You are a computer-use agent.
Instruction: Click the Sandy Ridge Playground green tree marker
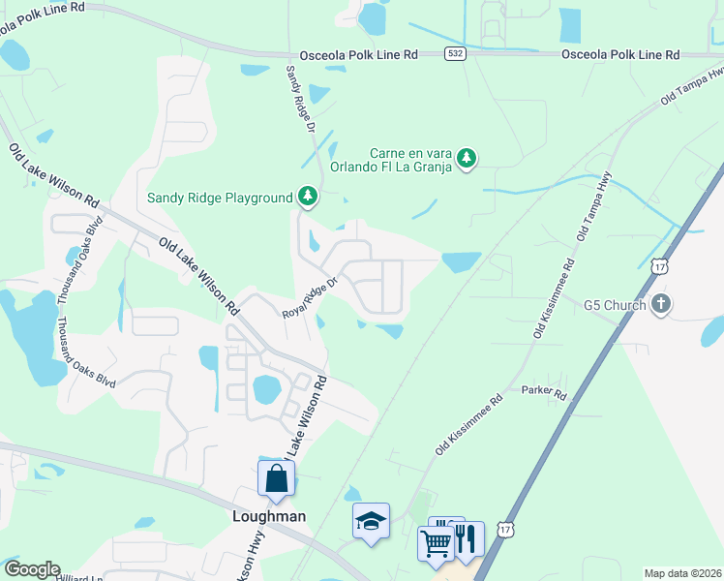coord(308,198)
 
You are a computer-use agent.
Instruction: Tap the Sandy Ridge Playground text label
coord(220,199)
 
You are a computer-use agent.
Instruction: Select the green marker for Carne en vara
coord(467,157)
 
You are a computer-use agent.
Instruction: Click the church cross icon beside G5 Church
coord(661,304)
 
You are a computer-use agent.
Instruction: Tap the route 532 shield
coord(455,55)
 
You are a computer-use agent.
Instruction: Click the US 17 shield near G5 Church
coord(659,265)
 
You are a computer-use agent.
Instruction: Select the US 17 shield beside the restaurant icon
coord(504,529)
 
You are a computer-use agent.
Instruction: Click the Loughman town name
coord(269,516)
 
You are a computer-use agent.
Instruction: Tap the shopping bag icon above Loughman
coord(276,478)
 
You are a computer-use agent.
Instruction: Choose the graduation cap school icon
coord(371,522)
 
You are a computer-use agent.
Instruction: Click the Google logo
coord(31,569)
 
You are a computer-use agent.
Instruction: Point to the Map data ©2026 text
coord(682,573)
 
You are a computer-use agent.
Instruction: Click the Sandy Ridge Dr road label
coord(300,99)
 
